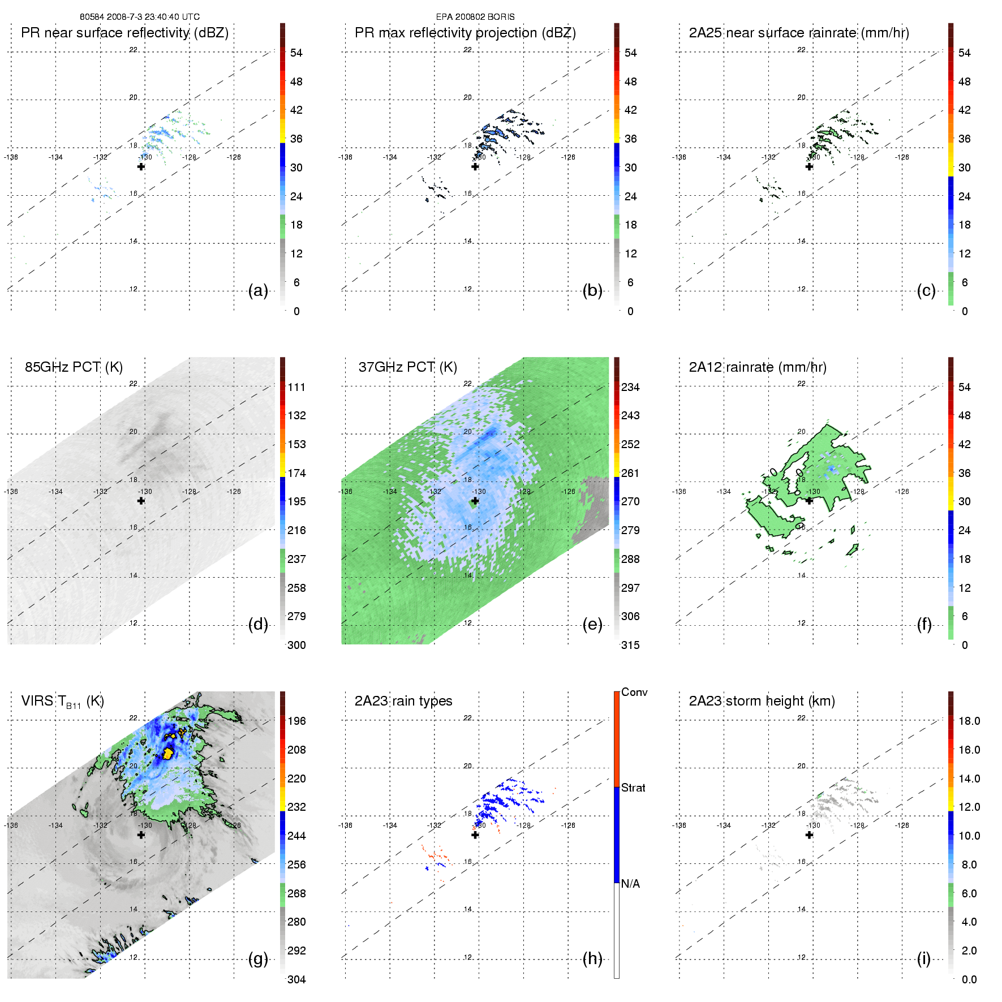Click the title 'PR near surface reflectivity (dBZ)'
tap(124, 33)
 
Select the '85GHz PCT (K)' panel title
tap(74, 367)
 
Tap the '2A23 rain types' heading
tap(403, 701)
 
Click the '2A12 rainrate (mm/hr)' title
tap(757, 367)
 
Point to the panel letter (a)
tap(258, 291)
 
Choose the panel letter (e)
tap(592, 625)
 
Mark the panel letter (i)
tap(923, 958)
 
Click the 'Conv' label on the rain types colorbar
tap(634, 692)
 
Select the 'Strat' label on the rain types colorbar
tap(633, 788)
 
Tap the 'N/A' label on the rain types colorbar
tap(630, 884)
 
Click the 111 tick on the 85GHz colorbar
tap(296, 387)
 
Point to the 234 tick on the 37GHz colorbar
tap(630, 387)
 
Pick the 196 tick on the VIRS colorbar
tap(296, 721)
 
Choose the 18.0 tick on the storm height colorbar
tap(969, 721)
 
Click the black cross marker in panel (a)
tap(141, 166)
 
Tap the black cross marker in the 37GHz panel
tap(475, 501)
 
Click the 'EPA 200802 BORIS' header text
tap(475, 17)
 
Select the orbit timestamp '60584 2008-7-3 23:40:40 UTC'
tap(140, 17)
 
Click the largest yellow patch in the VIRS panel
tap(168, 753)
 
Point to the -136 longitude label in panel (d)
tap(11, 491)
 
